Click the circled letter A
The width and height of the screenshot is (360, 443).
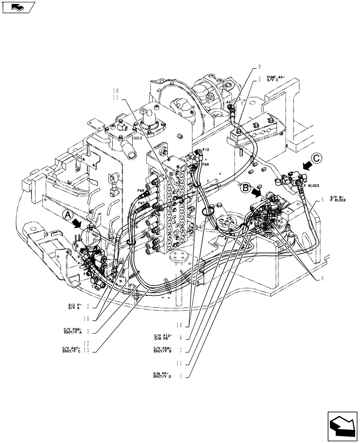pos(67,215)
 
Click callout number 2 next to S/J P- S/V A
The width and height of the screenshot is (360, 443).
pos(89,306)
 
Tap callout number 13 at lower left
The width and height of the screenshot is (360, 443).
pos(89,350)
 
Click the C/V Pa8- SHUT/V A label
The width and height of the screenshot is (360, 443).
pos(73,331)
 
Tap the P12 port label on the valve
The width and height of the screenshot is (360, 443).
pos(206,150)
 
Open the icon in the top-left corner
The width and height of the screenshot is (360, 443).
pos(18,8)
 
